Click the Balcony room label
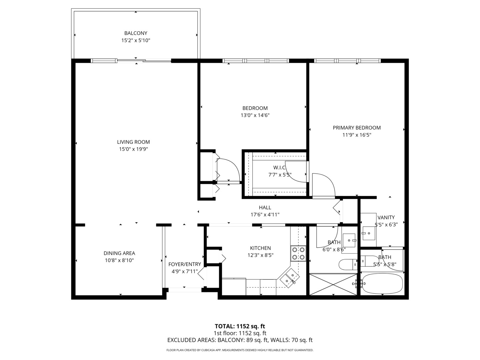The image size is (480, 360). click(x=136, y=33)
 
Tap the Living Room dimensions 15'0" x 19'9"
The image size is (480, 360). click(x=133, y=149)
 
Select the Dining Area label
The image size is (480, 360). click(x=119, y=253)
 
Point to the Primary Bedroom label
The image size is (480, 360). click(x=357, y=128)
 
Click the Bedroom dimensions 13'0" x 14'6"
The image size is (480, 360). click(x=255, y=115)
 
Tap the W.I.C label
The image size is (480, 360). click(x=279, y=168)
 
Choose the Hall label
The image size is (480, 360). click(x=265, y=207)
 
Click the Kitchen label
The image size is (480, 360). click(x=260, y=248)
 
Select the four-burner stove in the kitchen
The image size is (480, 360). click(x=298, y=253)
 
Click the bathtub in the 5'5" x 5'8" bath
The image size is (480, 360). click(x=382, y=283)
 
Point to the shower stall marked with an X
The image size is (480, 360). click(x=333, y=284)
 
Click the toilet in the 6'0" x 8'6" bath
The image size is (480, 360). click(x=348, y=264)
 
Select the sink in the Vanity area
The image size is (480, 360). click(x=369, y=233)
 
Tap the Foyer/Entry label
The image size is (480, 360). click(x=185, y=264)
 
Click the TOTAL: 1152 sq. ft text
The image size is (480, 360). click(x=240, y=326)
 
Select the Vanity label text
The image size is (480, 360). click(x=386, y=217)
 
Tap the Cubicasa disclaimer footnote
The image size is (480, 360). click(x=240, y=350)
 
